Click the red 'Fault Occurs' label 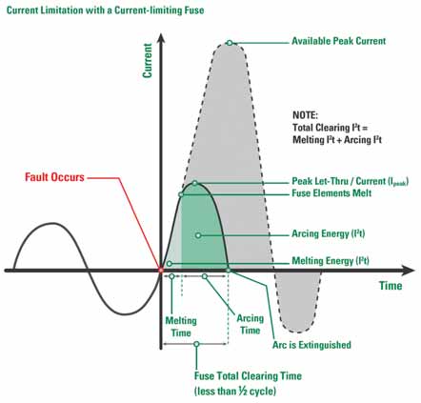[x=54, y=177]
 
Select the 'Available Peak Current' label [x=339, y=41]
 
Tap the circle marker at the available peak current [x=230, y=43]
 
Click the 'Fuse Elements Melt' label [x=331, y=193]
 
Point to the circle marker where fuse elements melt [x=181, y=194]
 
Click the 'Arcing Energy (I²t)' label [x=329, y=233]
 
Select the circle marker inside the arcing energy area [x=198, y=235]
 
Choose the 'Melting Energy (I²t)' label [x=331, y=261]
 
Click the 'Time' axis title [x=391, y=286]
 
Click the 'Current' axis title [x=148, y=61]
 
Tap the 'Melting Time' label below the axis [x=181, y=327]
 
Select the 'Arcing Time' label [x=251, y=324]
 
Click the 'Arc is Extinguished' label [x=311, y=345]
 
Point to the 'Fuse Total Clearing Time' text [x=248, y=376]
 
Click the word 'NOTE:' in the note [x=305, y=115]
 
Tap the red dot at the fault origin [x=161, y=271]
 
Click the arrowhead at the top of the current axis [x=161, y=38]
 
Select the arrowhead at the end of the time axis [x=409, y=271]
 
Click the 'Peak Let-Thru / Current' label [x=351, y=181]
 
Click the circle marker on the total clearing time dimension [x=196, y=344]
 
